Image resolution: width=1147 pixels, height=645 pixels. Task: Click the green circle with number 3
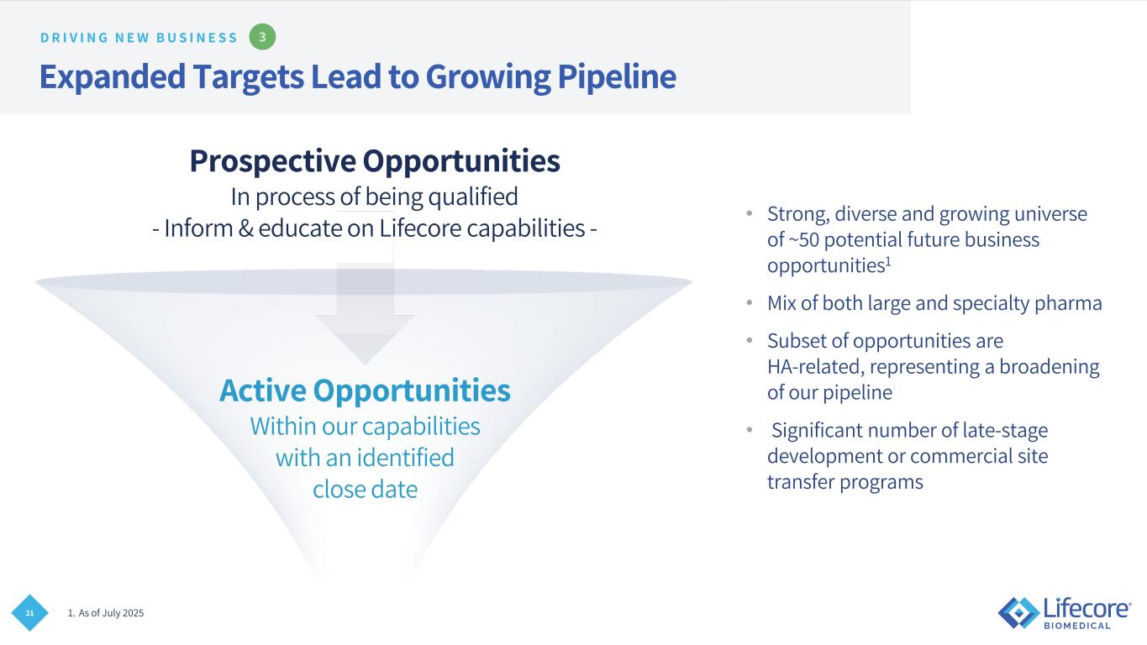pos(262,37)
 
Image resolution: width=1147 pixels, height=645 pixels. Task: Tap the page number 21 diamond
pos(29,613)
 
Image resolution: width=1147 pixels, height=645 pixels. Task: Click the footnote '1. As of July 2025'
pos(106,613)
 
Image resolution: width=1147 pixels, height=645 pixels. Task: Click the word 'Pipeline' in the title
pos(617,76)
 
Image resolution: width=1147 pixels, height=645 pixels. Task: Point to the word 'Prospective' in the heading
pos(273,161)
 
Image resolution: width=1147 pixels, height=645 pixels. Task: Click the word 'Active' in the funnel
pos(263,390)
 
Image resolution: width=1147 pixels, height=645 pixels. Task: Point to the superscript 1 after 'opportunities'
pos(888,261)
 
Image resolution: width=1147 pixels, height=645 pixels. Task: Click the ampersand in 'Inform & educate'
pos(245,228)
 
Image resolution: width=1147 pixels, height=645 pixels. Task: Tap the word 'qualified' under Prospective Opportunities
pos(473,197)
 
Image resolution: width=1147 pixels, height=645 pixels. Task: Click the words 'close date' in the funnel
pos(365,490)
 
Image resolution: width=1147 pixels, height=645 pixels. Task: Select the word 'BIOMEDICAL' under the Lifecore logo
pos(1077,626)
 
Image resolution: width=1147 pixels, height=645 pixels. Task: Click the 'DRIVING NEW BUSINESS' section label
pos(139,38)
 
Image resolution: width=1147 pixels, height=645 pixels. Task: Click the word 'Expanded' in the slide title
pos(113,76)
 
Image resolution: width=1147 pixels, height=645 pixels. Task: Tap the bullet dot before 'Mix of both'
pos(750,302)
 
